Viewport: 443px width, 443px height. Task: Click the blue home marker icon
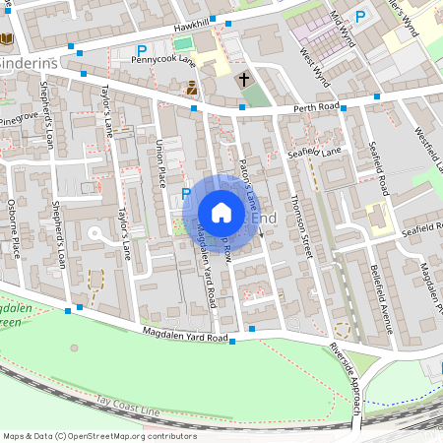click(x=221, y=213)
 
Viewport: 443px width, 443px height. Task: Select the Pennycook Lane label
click(x=163, y=60)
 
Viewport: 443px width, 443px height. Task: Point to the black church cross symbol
click(x=243, y=79)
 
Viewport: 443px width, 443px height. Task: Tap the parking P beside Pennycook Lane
click(x=142, y=49)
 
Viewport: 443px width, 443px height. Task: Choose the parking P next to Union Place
click(x=185, y=194)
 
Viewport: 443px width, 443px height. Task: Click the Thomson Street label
click(x=301, y=226)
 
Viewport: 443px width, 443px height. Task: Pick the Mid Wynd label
click(x=342, y=30)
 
